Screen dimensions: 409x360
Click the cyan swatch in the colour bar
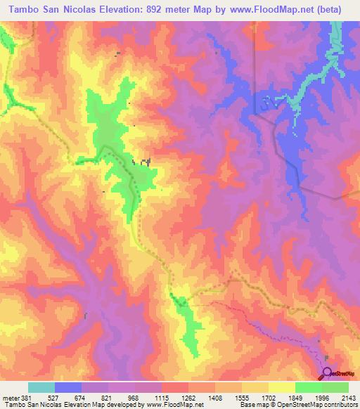coord(41,387)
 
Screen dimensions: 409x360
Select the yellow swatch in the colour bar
coord(281,387)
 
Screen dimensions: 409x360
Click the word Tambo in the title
coord(22,9)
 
